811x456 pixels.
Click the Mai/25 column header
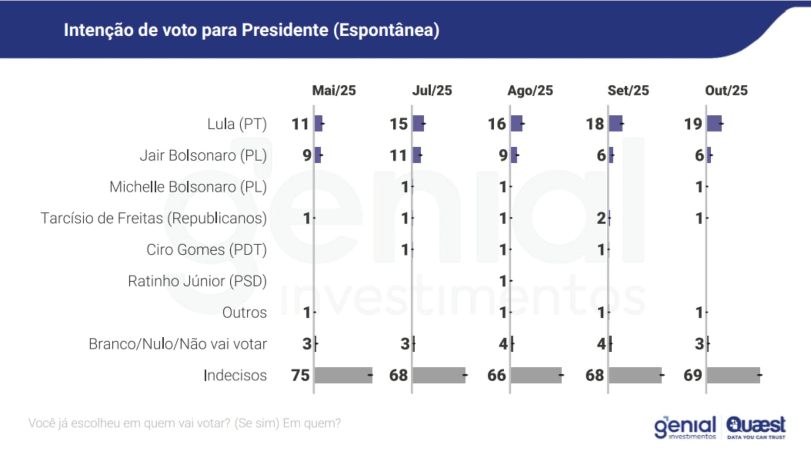(x=334, y=90)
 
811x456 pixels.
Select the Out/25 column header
(x=726, y=90)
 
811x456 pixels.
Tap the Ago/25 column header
(x=530, y=90)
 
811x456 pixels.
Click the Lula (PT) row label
(x=237, y=124)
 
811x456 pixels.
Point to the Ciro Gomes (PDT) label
(x=207, y=250)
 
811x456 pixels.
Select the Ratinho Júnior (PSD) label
(x=197, y=281)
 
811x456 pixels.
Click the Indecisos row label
(x=235, y=375)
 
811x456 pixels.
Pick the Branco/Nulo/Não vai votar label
(x=177, y=344)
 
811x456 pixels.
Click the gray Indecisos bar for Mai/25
(x=343, y=375)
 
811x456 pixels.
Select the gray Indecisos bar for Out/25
(x=733, y=375)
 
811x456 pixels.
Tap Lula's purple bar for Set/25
(x=616, y=123)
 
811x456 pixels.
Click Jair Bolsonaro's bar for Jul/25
(x=417, y=155)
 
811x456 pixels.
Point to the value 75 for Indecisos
(x=300, y=375)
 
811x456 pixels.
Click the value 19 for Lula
(x=693, y=124)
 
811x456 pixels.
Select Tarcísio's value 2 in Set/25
(x=601, y=218)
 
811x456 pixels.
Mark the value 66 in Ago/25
(x=496, y=375)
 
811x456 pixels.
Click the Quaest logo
(x=756, y=427)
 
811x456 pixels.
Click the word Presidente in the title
(x=285, y=30)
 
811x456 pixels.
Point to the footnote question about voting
(x=185, y=423)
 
